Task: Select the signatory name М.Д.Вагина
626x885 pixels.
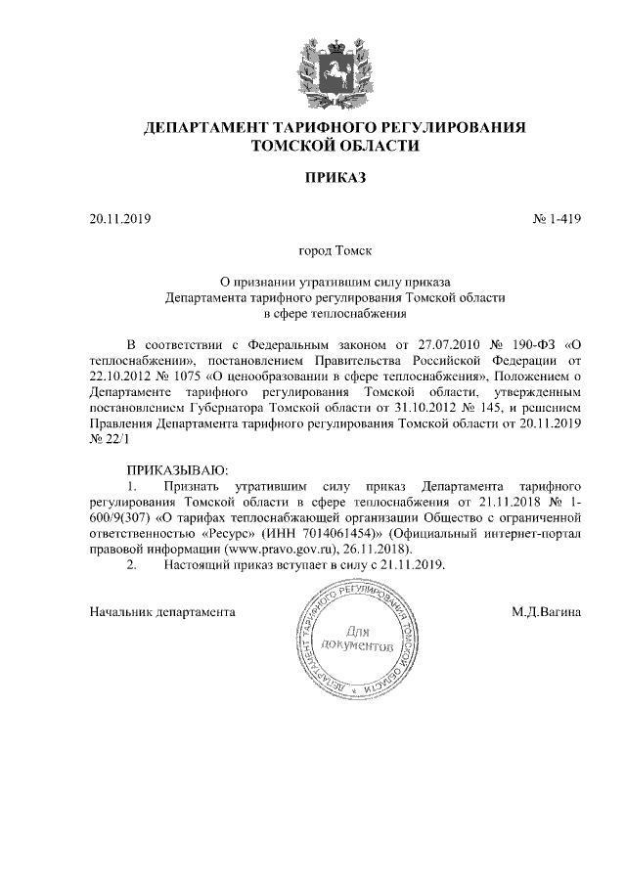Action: [x=546, y=612]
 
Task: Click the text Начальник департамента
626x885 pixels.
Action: [x=161, y=612]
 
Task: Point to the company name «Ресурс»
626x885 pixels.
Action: [x=237, y=533]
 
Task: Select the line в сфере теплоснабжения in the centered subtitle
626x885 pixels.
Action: [x=335, y=314]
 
